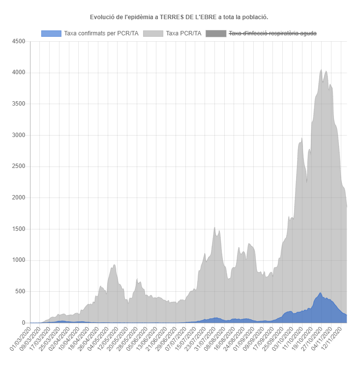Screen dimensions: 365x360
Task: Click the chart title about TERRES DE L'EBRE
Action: [x=179, y=17]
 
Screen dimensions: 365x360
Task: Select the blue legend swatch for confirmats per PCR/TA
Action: [x=51, y=33]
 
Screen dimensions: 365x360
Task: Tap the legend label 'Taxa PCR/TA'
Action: [x=183, y=33]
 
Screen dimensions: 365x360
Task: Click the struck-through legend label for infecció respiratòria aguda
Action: [x=272, y=33]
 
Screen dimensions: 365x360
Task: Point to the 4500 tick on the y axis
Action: [x=18, y=41]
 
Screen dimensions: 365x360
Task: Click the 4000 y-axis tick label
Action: [x=18, y=73]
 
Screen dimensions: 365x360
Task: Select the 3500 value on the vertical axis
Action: [x=18, y=104]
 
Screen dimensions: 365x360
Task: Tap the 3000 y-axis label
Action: [x=18, y=135]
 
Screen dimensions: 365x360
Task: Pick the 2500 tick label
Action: [x=18, y=167]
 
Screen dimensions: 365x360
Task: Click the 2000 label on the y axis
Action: [x=18, y=197]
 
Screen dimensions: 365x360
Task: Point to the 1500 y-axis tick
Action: [x=18, y=229]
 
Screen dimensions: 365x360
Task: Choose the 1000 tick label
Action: [x=18, y=260]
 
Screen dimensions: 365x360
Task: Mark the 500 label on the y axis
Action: [x=20, y=291]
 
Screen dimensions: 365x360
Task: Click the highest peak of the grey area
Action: [x=321, y=70]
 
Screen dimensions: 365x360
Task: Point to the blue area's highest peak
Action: [x=320, y=293]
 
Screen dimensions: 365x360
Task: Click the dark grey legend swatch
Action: [x=215, y=33]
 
